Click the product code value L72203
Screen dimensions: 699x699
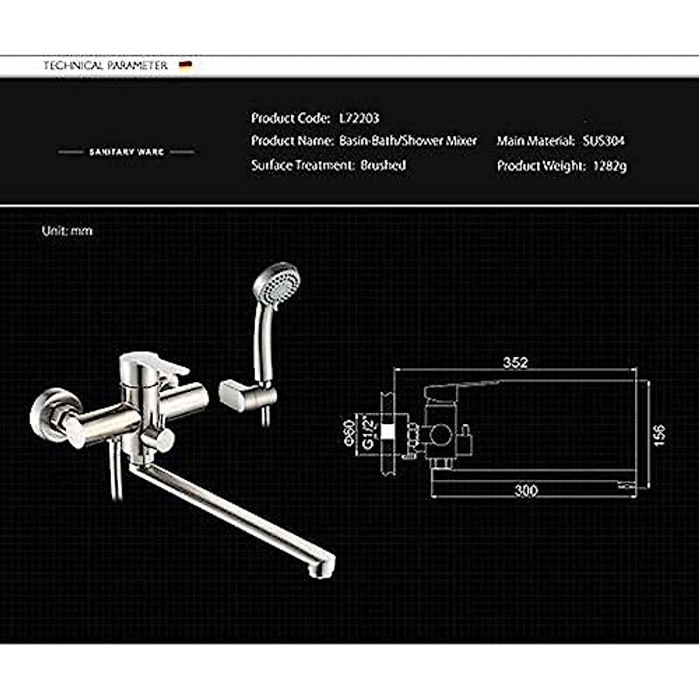tap(359, 118)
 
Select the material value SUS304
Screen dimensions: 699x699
tap(603, 141)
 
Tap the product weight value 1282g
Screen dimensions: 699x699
tap(609, 166)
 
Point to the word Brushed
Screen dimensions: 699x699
tap(383, 165)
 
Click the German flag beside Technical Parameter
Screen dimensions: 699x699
tap(186, 65)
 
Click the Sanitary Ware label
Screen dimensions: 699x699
tap(126, 152)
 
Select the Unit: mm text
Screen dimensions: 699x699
tap(67, 231)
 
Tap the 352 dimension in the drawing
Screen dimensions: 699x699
tap(515, 362)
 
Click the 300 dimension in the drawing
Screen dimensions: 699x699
tap(525, 490)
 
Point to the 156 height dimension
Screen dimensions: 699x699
tap(659, 435)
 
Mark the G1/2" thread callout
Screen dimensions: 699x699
tap(368, 432)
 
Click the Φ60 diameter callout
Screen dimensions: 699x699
tap(349, 432)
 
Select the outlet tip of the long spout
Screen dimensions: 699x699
tap(324, 568)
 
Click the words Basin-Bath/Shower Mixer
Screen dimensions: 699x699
tap(408, 141)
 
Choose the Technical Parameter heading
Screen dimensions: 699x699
tap(105, 65)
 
